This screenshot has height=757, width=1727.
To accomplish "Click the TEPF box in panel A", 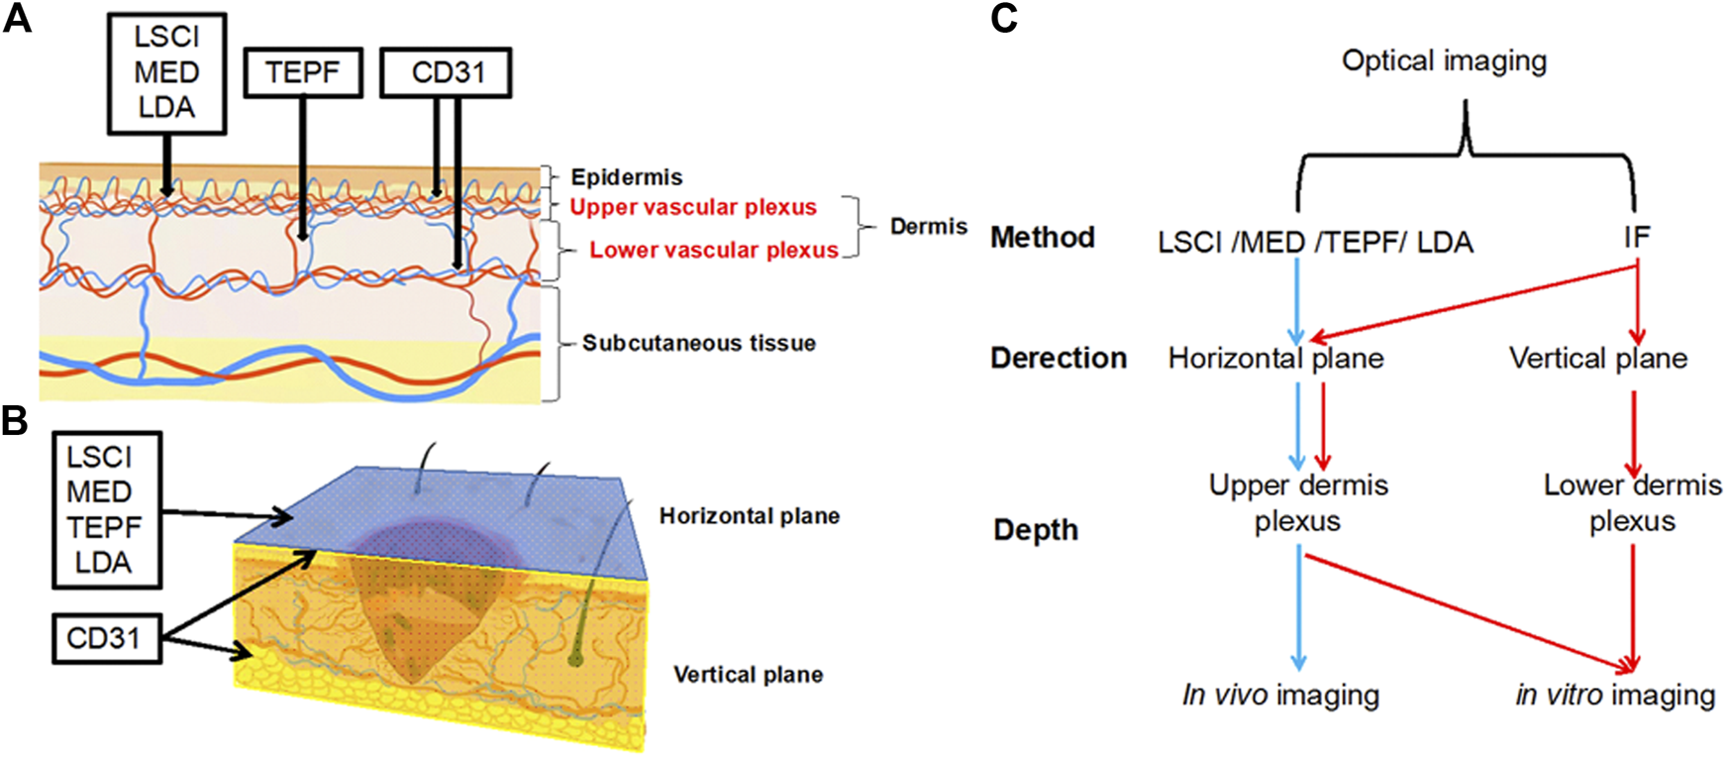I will click(x=303, y=72).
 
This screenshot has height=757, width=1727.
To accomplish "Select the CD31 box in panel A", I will click(x=447, y=72).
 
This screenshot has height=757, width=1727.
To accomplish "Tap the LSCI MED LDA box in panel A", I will click(x=166, y=72).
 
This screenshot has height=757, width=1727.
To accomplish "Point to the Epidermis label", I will click(x=627, y=177).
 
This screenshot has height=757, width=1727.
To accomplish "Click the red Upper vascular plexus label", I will click(x=693, y=207).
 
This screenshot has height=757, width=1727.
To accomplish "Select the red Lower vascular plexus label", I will click(x=713, y=250).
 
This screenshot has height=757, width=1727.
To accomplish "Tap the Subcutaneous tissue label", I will click(x=699, y=343).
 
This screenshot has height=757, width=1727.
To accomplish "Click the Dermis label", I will click(x=928, y=227).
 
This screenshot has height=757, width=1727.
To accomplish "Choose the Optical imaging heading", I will click(x=1444, y=60).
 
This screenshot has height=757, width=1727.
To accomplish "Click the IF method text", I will click(x=1636, y=237).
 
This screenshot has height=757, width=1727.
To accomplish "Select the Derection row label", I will click(x=1059, y=358).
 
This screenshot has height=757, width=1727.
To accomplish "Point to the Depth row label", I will click(x=1036, y=530).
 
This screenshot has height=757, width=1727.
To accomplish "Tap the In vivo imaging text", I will click(x=1280, y=696).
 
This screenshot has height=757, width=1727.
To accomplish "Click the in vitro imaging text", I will click(x=1615, y=696).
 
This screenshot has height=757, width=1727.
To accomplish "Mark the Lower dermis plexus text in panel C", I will click(x=1632, y=503).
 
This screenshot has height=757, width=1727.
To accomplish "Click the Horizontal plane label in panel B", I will click(x=750, y=516).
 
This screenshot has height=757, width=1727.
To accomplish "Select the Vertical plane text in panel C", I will click(x=1598, y=358).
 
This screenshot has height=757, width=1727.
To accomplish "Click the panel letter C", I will click(x=1004, y=18).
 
